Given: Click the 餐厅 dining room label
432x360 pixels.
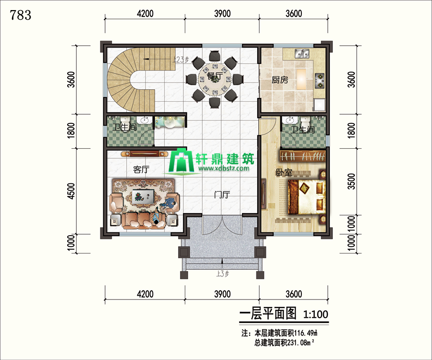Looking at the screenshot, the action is (215, 76).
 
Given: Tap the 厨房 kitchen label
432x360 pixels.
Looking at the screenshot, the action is (280, 80).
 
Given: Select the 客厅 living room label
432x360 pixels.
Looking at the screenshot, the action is (141, 169).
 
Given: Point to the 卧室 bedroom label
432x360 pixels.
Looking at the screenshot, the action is (284, 172).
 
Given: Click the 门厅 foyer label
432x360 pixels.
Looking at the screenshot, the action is (222, 195).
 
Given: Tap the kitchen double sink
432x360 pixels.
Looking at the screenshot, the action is (302, 54).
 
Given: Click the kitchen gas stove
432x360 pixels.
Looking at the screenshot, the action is (320, 81).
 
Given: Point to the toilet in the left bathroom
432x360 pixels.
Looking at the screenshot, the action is (125, 124).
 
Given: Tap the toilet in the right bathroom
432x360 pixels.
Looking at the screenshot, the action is (305, 121).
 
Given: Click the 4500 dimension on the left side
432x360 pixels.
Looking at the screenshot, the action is (71, 191).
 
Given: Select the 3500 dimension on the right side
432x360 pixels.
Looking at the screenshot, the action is (351, 181).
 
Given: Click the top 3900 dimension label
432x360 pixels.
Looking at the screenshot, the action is (222, 13).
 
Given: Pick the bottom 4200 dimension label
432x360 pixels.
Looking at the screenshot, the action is (145, 294).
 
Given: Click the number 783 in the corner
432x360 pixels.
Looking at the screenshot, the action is (21, 15).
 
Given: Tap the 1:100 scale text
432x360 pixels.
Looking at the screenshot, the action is (315, 314).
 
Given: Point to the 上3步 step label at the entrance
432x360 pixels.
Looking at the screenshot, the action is (223, 274).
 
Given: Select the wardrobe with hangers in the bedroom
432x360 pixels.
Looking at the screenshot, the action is (303, 156).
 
